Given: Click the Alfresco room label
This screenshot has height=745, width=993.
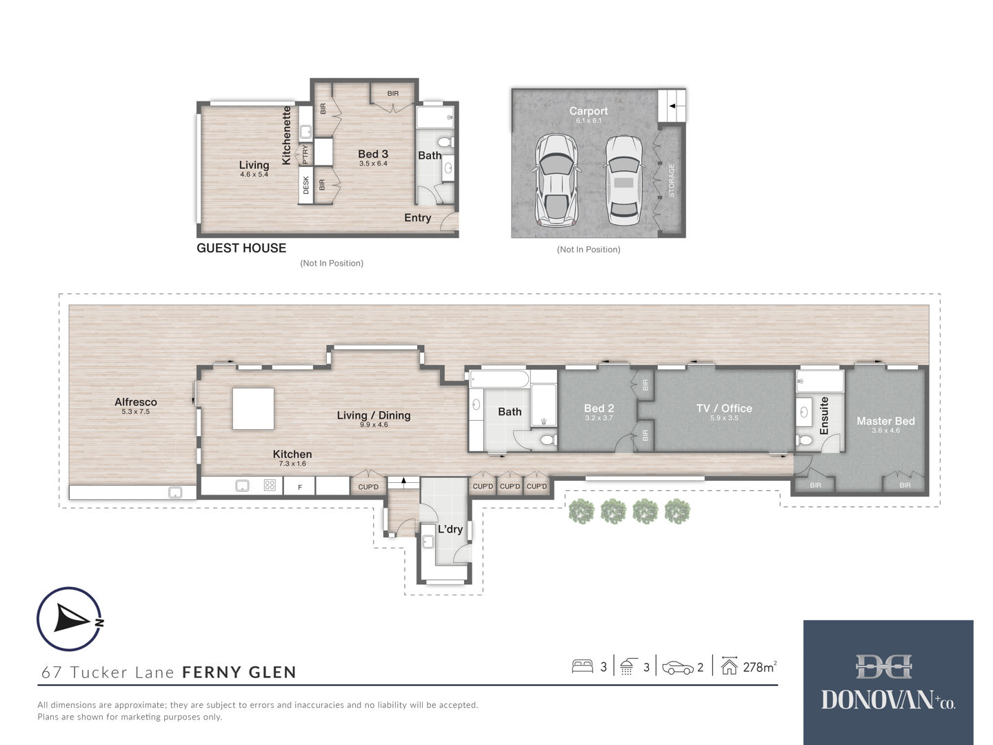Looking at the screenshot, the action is (135, 401).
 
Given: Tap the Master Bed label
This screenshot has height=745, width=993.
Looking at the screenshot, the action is (885, 421).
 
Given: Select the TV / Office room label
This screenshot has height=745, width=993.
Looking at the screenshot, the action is (724, 408).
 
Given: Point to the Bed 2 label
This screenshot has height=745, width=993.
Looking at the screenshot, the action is (599, 408).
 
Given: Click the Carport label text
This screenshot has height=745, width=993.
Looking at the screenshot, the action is (588, 111).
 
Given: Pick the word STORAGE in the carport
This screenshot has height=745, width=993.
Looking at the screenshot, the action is (672, 180).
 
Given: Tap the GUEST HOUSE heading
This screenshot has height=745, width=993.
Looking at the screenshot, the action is (241, 248).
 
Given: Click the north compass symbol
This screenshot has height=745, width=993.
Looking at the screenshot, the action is (70, 619).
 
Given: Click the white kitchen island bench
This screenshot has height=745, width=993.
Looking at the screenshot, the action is (253, 408).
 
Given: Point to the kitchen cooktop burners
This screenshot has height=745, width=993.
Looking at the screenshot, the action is (270, 486).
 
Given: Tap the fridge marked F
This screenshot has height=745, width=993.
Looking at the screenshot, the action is (299, 486).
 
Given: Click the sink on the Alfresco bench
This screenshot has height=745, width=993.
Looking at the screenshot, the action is (175, 492).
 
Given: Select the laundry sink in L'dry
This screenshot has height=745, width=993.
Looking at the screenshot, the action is (428, 542).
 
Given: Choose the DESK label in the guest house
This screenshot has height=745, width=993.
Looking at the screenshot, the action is (305, 185).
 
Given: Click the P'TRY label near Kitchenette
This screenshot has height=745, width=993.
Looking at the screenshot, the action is (305, 155).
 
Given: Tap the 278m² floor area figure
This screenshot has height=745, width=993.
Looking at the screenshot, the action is (760, 667).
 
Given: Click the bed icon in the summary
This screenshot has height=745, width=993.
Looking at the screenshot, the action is (582, 666).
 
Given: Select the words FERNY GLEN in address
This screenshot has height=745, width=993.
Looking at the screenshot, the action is (239, 672).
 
